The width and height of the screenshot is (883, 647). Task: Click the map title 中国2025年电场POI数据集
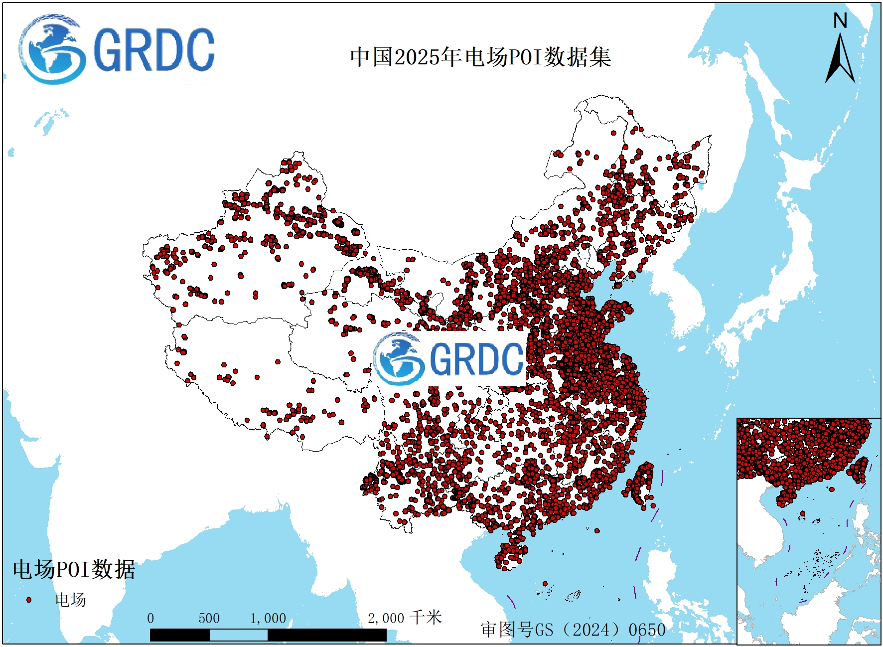point(480,57)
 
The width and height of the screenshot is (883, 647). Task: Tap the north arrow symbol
point(840,60)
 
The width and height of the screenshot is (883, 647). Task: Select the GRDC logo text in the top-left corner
point(153,50)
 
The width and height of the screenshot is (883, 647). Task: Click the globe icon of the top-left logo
point(51,50)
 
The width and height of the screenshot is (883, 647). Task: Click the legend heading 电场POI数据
point(74,569)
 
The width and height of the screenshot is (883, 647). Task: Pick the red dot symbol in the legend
point(29,600)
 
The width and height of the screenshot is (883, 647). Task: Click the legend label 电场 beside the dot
point(70,600)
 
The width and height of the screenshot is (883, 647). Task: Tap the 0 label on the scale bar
point(150,619)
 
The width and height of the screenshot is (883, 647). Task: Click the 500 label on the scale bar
point(209,619)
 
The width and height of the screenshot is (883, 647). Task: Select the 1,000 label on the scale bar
point(268,619)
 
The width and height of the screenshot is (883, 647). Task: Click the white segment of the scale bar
point(238,635)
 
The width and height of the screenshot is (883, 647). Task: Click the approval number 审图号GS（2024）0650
point(573,630)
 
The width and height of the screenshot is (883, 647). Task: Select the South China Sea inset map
point(808,531)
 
